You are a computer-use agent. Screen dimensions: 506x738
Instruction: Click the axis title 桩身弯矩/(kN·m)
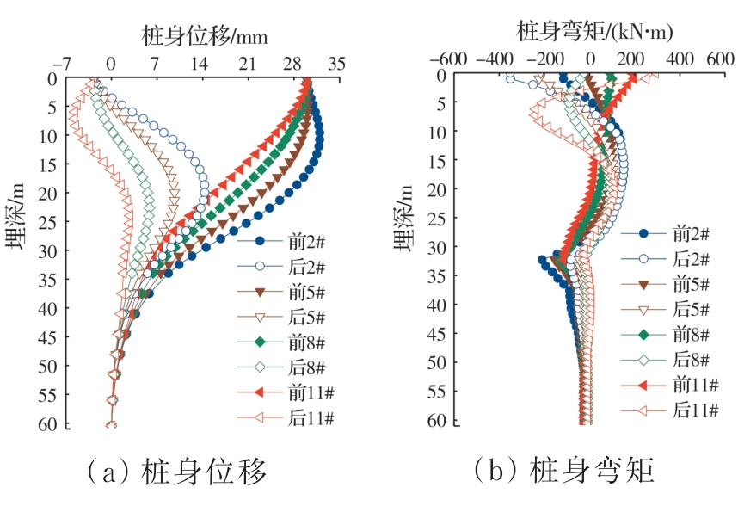pos(593,32)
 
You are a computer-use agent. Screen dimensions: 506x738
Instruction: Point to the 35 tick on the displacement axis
pos(336,64)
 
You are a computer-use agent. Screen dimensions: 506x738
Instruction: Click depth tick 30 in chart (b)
pos(438,247)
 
